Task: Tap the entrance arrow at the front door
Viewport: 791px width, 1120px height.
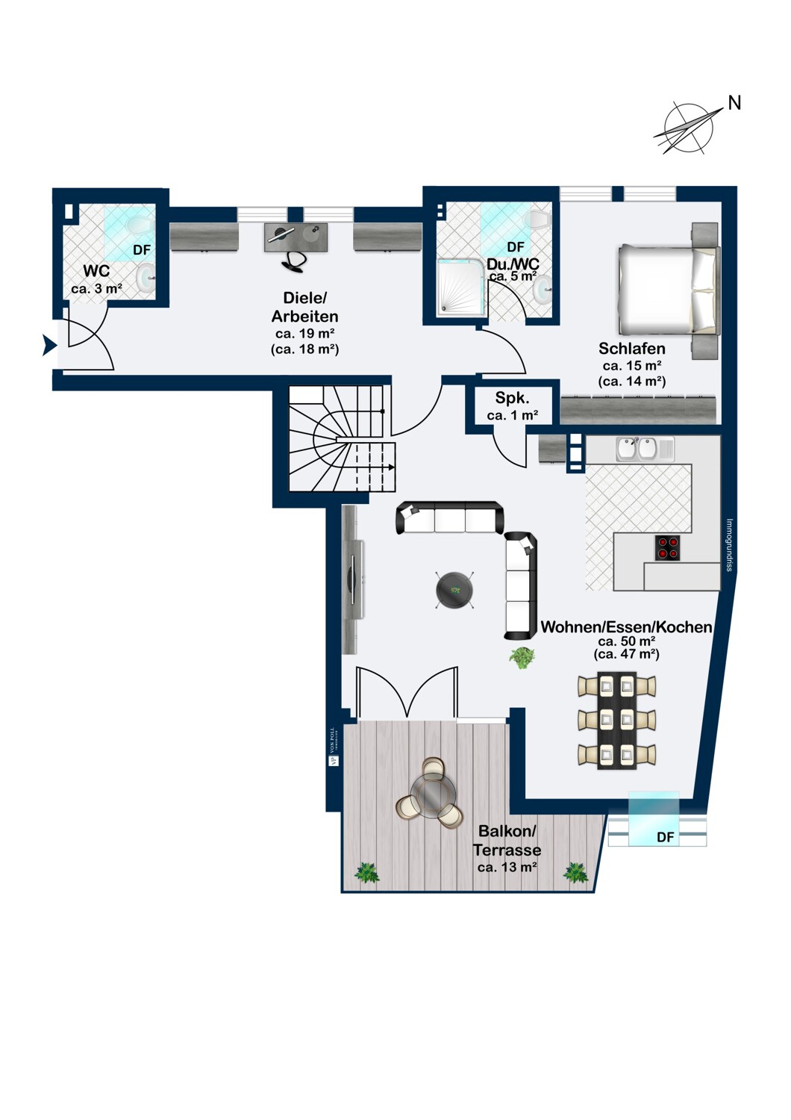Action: pyautogui.click(x=49, y=345)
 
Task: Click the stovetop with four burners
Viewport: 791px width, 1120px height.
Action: pyautogui.click(x=667, y=547)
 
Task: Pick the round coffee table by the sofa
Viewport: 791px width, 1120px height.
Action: pyautogui.click(x=454, y=590)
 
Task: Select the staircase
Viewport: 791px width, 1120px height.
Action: pyautogui.click(x=341, y=438)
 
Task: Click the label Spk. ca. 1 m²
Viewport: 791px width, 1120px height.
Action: pyautogui.click(x=512, y=406)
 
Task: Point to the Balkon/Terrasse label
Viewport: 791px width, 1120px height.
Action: pyautogui.click(x=507, y=848)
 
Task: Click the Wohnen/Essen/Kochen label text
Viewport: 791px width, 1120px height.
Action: pyautogui.click(x=626, y=627)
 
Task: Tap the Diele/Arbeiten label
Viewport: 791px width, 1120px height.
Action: pyautogui.click(x=304, y=323)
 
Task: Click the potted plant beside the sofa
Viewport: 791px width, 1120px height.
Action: pyautogui.click(x=522, y=658)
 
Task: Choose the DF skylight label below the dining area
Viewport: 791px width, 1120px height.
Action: pyautogui.click(x=665, y=837)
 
